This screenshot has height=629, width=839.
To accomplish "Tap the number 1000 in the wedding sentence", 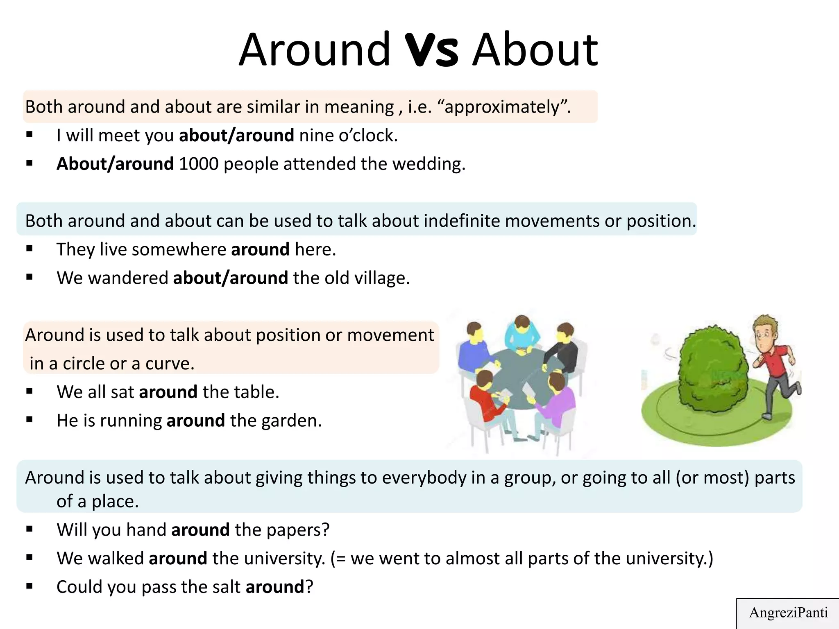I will pos(199,164).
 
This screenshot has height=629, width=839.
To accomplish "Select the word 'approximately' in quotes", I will pos(502,107).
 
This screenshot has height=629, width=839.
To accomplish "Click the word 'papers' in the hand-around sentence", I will pos(298,530).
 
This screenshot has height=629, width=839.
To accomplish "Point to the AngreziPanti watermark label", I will pos(788,613).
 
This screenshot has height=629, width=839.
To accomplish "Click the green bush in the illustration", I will pos(713,371).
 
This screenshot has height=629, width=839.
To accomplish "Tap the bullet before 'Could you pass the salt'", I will pos(29,586).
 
